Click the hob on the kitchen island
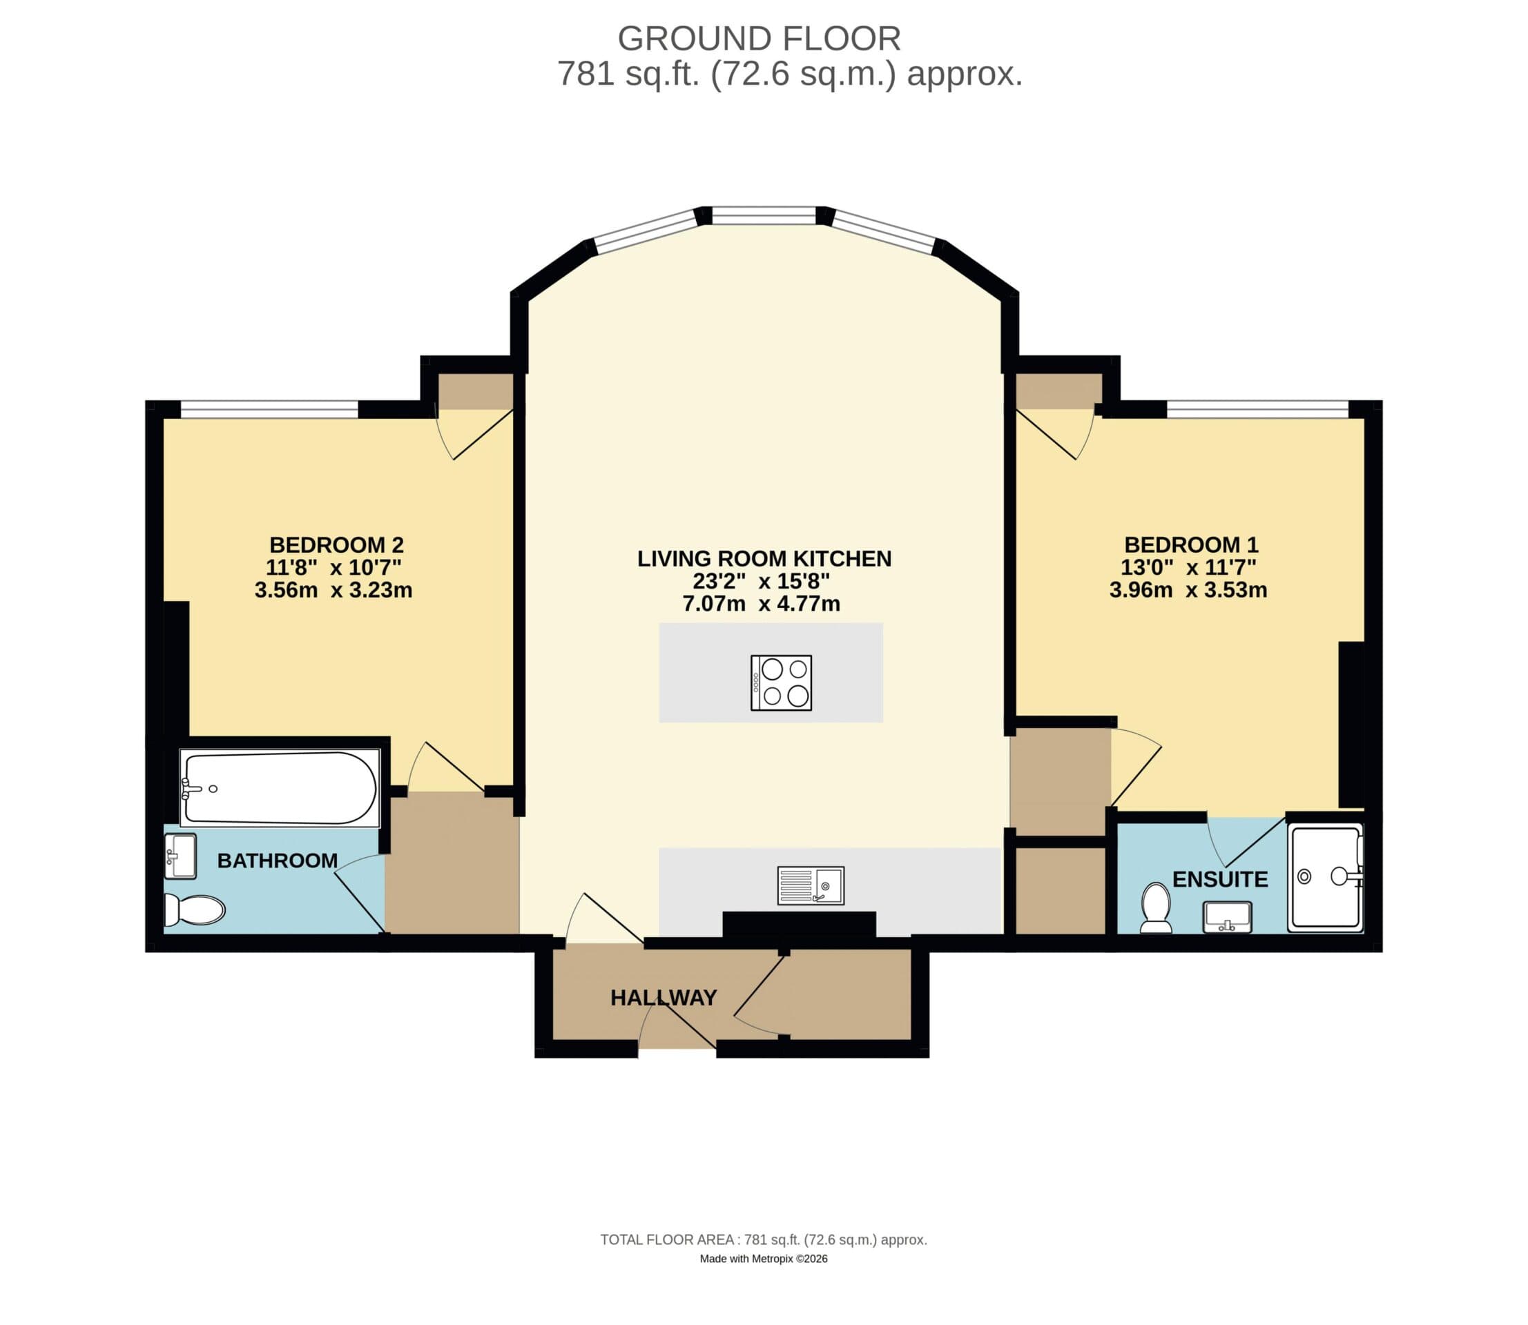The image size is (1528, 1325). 781,683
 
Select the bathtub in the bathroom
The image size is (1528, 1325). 280,788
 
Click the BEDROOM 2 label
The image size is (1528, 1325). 336,545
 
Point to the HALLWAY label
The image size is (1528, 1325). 664,998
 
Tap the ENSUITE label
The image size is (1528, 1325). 1219,879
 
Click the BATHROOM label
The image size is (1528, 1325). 278,861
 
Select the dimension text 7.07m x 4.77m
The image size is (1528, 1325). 761,604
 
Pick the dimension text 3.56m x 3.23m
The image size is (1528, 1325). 333,590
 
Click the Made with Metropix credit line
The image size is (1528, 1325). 763,1259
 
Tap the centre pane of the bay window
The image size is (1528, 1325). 763,216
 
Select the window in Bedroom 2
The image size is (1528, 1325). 269,409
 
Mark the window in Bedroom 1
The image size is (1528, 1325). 1257,409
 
